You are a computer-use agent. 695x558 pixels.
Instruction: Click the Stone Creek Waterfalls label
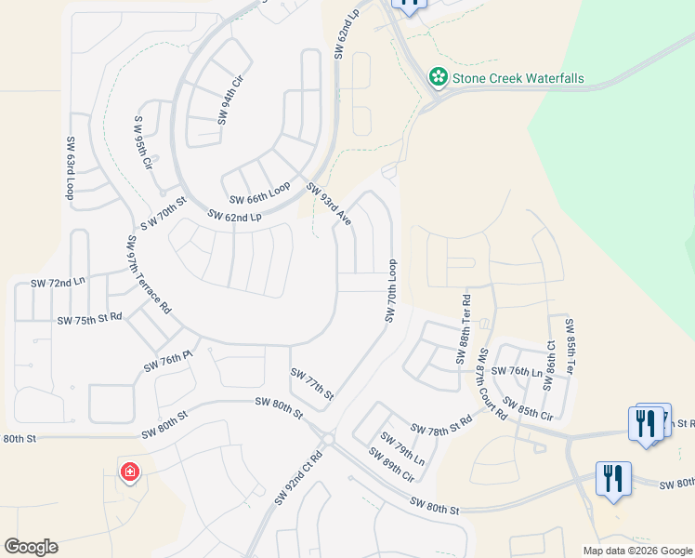point(518,78)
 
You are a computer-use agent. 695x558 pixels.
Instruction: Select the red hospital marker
point(129,472)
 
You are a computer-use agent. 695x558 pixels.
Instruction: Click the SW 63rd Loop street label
point(70,169)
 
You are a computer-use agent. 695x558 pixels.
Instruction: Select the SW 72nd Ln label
point(58,282)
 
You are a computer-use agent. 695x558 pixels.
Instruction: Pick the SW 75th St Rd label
point(89,319)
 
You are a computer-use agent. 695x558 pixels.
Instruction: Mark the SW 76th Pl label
point(167,362)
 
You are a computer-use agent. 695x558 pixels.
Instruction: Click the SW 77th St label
point(311,383)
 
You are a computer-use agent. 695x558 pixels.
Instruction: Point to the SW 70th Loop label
point(391,292)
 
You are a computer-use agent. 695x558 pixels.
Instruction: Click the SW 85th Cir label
point(528,407)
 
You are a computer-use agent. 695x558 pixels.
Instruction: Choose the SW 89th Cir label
point(390,465)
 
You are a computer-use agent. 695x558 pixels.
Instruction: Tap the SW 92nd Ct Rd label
point(297,478)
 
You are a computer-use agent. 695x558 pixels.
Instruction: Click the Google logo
point(31,547)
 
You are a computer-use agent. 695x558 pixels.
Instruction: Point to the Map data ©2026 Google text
point(637,551)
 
